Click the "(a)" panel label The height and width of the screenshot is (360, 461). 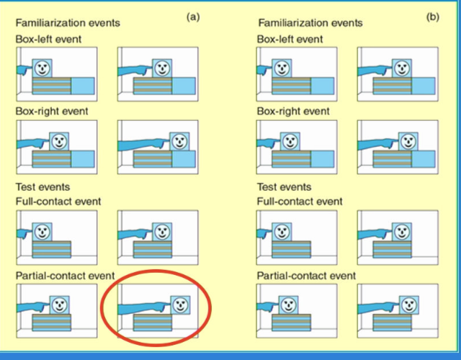click(192, 16)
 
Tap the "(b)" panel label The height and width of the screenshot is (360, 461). click(432, 16)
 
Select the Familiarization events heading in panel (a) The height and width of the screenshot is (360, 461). click(68, 22)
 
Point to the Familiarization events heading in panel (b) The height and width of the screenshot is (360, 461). click(310, 22)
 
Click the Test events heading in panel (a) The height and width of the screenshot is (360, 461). click(45, 187)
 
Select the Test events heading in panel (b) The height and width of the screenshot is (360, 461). click(286, 187)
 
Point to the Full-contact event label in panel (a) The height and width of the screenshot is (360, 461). click(58, 201)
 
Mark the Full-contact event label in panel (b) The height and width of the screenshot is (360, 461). click(300, 201)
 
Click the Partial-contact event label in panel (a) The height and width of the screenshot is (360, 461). click(66, 276)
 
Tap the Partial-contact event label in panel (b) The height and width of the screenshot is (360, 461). click(306, 276)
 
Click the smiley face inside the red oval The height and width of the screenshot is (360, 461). click(182, 304)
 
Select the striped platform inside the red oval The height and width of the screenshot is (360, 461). click(153, 322)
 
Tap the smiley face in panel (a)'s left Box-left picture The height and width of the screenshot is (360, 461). click(42, 68)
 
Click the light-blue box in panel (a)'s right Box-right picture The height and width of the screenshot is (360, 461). click(182, 158)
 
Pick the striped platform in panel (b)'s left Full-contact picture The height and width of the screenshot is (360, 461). click(292, 249)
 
